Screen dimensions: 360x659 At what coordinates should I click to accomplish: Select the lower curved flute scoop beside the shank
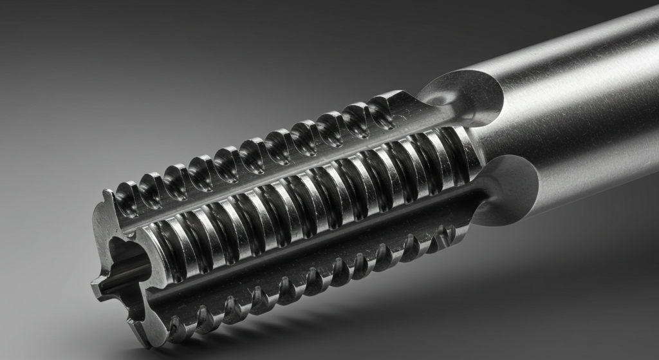[x=508, y=191]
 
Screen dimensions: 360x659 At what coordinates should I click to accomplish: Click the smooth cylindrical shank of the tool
[x=579, y=97]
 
